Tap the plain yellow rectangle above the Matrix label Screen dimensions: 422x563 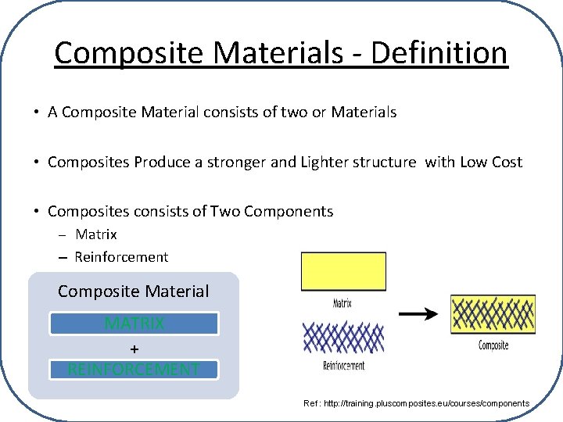(x=343, y=271)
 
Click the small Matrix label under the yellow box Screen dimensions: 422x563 (x=342, y=302)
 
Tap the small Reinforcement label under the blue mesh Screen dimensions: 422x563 (x=343, y=365)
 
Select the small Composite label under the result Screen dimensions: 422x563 (x=493, y=345)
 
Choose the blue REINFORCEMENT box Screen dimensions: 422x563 (x=134, y=370)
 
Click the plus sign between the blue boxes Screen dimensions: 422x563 (x=134, y=348)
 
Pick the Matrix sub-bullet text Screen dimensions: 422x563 (x=96, y=234)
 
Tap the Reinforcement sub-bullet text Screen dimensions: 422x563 (x=121, y=256)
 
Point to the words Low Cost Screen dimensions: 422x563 (x=492, y=162)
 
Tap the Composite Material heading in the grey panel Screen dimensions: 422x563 (x=134, y=291)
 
